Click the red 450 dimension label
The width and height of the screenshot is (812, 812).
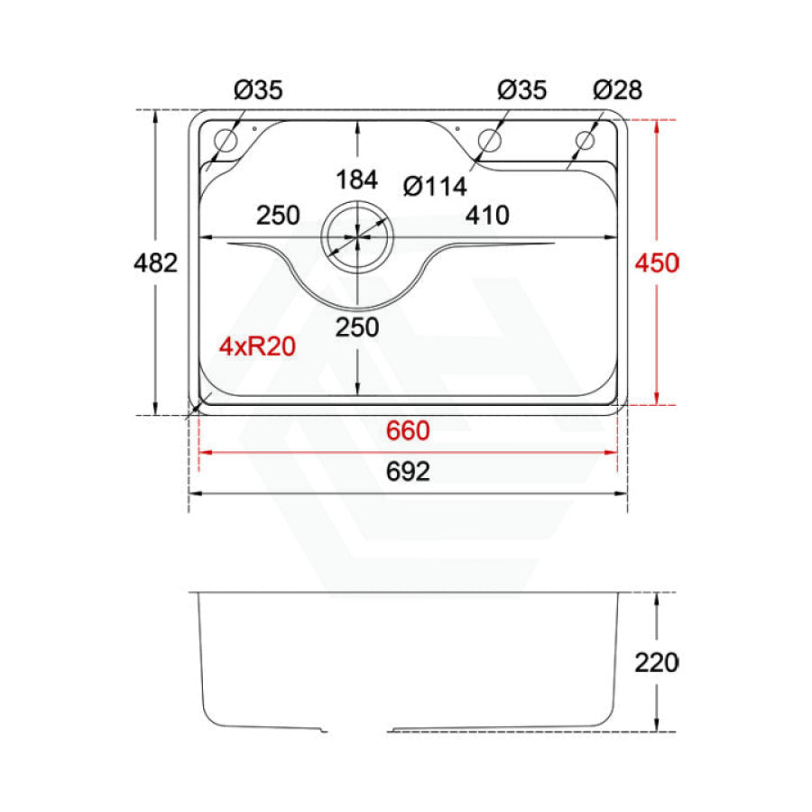coord(657,263)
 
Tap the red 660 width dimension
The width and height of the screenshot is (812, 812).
coord(408,431)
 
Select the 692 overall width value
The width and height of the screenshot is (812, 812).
coord(408,471)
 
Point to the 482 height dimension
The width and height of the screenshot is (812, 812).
coord(155,263)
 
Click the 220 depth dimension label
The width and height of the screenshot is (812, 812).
coord(657,663)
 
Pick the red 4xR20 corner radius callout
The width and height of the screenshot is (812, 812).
coord(257,346)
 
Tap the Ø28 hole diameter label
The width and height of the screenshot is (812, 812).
coord(617,90)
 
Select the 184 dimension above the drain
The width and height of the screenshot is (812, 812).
coord(356,180)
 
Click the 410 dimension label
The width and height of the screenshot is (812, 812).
coord(487,216)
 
